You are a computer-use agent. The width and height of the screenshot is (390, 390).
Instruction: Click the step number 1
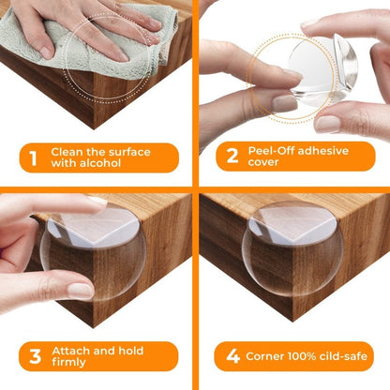[x=34, y=157]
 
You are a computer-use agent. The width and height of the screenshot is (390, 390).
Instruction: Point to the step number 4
[x=231, y=356]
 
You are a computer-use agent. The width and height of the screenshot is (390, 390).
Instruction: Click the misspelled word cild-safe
[x=341, y=356]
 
